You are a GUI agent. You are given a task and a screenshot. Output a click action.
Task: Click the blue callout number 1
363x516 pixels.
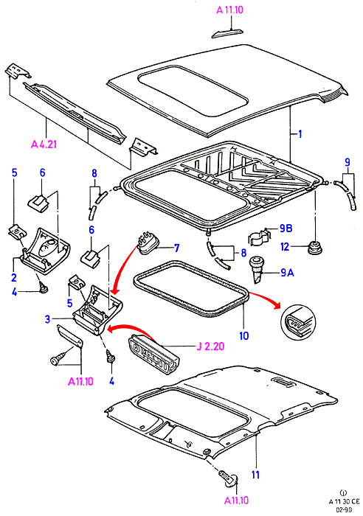click(300, 134)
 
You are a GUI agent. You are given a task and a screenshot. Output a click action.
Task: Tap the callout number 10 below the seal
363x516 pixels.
click(244, 335)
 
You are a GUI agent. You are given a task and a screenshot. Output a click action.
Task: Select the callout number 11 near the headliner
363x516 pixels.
click(255, 475)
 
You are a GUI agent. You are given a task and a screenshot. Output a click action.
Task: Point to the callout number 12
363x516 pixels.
click(286, 246)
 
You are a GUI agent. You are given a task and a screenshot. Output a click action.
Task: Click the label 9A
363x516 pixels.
click(287, 273)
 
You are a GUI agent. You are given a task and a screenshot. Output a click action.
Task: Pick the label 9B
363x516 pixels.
click(286, 228)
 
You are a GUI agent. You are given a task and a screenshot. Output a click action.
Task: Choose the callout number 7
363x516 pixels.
click(176, 248)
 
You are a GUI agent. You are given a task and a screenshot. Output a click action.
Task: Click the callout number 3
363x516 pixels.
click(48, 319)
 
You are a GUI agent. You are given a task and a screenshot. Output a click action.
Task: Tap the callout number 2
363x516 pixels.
click(14, 277)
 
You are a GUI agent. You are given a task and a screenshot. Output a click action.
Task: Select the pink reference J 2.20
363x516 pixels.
click(210, 346)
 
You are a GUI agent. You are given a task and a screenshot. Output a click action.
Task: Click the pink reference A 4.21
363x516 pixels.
click(44, 144)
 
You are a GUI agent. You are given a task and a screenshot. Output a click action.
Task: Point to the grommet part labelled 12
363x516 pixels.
click(315, 248)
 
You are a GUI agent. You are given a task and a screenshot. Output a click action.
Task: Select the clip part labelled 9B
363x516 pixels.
click(260, 237)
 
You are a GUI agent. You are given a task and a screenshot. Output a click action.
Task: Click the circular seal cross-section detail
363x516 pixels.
click(298, 322)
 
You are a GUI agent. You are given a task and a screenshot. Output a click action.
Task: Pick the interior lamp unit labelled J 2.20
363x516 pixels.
click(154, 352)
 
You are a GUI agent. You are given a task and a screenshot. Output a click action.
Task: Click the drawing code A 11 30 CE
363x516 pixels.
click(345, 501)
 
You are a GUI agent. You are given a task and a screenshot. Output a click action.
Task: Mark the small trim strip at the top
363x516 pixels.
click(228, 33)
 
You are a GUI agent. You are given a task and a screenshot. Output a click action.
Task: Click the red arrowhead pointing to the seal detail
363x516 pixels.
click(276, 305)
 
